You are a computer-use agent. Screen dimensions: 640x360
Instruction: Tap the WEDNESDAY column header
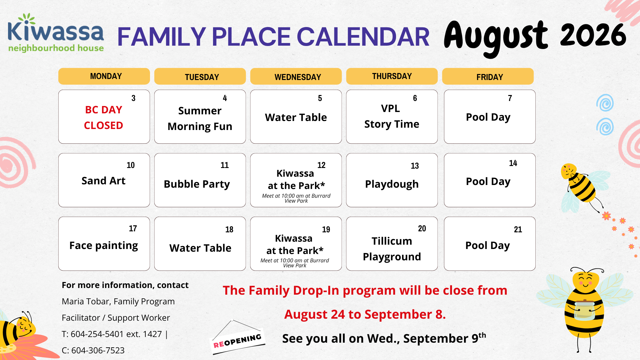click(x=296, y=76)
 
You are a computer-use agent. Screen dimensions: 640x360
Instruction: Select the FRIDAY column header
click(x=488, y=76)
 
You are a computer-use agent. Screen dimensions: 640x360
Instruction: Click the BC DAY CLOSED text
click(x=104, y=118)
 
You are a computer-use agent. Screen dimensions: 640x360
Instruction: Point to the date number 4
click(x=225, y=98)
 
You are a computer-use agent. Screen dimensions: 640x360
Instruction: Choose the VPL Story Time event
click(x=392, y=116)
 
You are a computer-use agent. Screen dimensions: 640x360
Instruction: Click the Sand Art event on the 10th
click(x=104, y=181)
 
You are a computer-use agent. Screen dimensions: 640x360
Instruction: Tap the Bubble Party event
click(x=197, y=184)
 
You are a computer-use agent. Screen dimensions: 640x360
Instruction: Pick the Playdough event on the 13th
click(x=392, y=184)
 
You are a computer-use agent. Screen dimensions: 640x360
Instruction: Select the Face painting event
click(x=104, y=246)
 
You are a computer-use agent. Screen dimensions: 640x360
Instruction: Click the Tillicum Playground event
click(x=392, y=249)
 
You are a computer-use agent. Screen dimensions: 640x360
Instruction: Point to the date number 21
click(x=518, y=229)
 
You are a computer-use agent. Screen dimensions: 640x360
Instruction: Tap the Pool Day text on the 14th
click(x=488, y=182)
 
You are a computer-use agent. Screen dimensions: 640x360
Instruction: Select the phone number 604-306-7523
click(x=98, y=350)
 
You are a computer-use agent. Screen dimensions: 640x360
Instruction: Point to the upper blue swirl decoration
click(x=605, y=103)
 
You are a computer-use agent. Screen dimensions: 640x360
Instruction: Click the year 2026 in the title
click(x=593, y=35)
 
